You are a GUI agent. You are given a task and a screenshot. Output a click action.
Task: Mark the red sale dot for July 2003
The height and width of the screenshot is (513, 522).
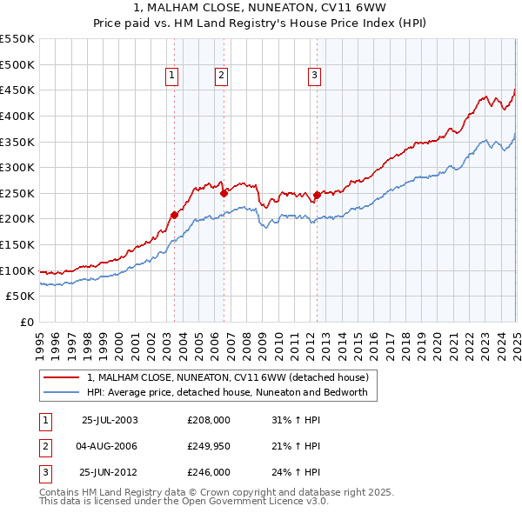click(x=174, y=214)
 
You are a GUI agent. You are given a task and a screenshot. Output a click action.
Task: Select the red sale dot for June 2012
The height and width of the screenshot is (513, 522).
click(x=318, y=195)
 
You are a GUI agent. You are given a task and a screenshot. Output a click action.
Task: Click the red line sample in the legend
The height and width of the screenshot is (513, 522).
click(x=62, y=377)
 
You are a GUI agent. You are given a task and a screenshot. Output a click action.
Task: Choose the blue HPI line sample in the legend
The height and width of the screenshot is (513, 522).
click(x=62, y=392)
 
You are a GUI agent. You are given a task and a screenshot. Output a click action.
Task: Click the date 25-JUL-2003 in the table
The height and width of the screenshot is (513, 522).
click(x=110, y=419)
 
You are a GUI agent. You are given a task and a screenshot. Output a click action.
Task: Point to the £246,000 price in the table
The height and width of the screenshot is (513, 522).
click(x=209, y=473)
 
